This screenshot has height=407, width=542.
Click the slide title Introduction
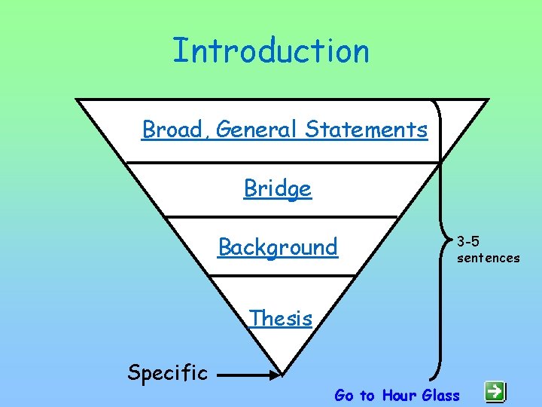(x=271, y=51)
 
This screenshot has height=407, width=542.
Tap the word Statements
(x=367, y=130)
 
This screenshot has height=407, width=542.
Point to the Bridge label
(x=277, y=188)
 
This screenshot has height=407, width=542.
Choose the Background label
(x=278, y=247)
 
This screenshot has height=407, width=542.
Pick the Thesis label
(x=281, y=318)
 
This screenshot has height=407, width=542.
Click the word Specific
(x=167, y=372)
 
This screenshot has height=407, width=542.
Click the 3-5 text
(x=468, y=242)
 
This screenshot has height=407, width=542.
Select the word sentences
(x=488, y=258)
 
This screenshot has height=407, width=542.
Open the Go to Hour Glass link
(x=397, y=395)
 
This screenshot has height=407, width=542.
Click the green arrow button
(x=495, y=390)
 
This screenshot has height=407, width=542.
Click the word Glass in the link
(x=441, y=395)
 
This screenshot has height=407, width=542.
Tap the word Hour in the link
(x=399, y=395)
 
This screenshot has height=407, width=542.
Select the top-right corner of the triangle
(x=487, y=100)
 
